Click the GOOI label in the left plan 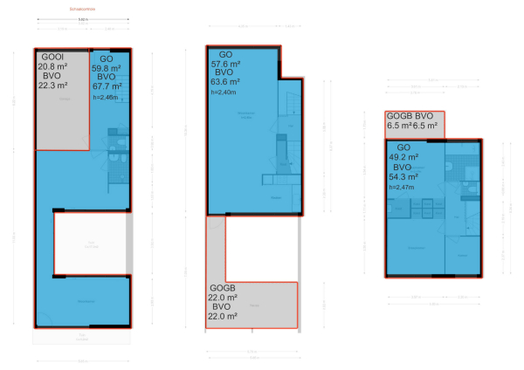(50, 55)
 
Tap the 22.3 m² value (53, 86)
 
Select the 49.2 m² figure (404, 157)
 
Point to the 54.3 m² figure (404, 176)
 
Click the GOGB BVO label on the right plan (410, 116)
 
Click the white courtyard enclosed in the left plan (90, 244)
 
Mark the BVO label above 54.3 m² (402, 167)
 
